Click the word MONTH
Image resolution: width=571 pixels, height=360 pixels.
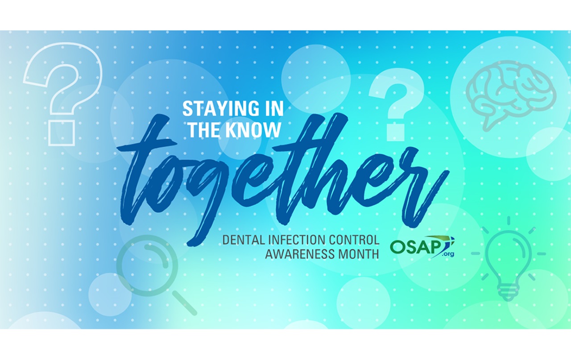click(360, 254)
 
